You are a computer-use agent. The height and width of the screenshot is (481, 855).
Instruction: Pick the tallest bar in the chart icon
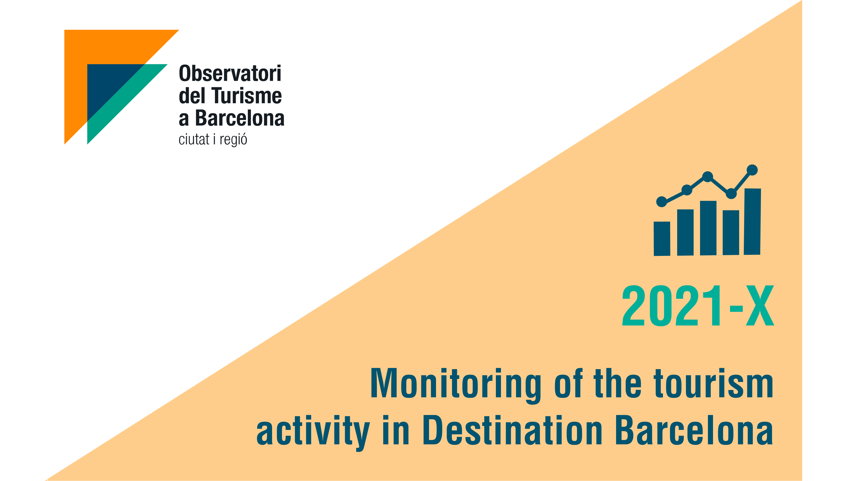752,221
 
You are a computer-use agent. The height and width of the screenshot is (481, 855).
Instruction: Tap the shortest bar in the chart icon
662,239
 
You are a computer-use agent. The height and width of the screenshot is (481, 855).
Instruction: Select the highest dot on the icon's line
752,170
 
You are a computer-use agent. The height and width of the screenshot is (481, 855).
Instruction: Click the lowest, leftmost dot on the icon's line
662,202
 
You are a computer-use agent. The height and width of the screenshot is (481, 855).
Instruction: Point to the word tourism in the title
714,384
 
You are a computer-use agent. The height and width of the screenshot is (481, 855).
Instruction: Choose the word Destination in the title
512,430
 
